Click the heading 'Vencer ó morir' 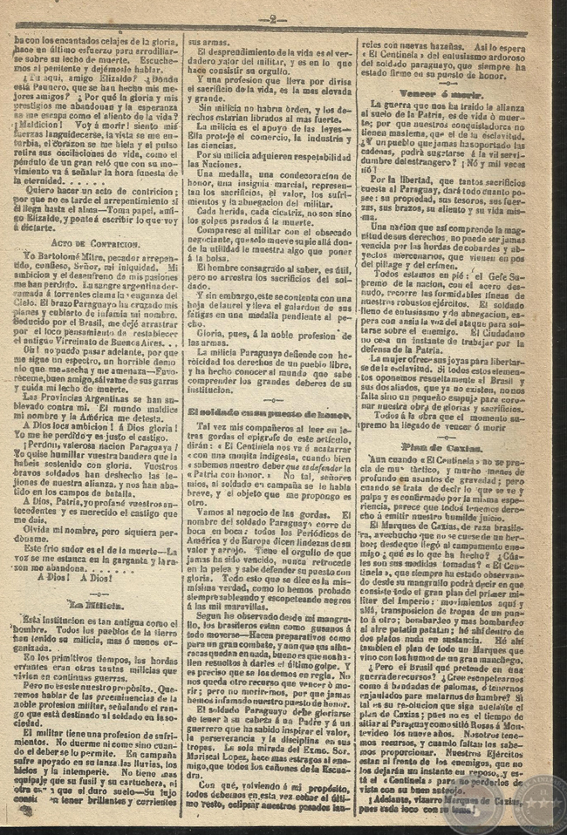tap(447, 88)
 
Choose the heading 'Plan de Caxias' tap(449, 445)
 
